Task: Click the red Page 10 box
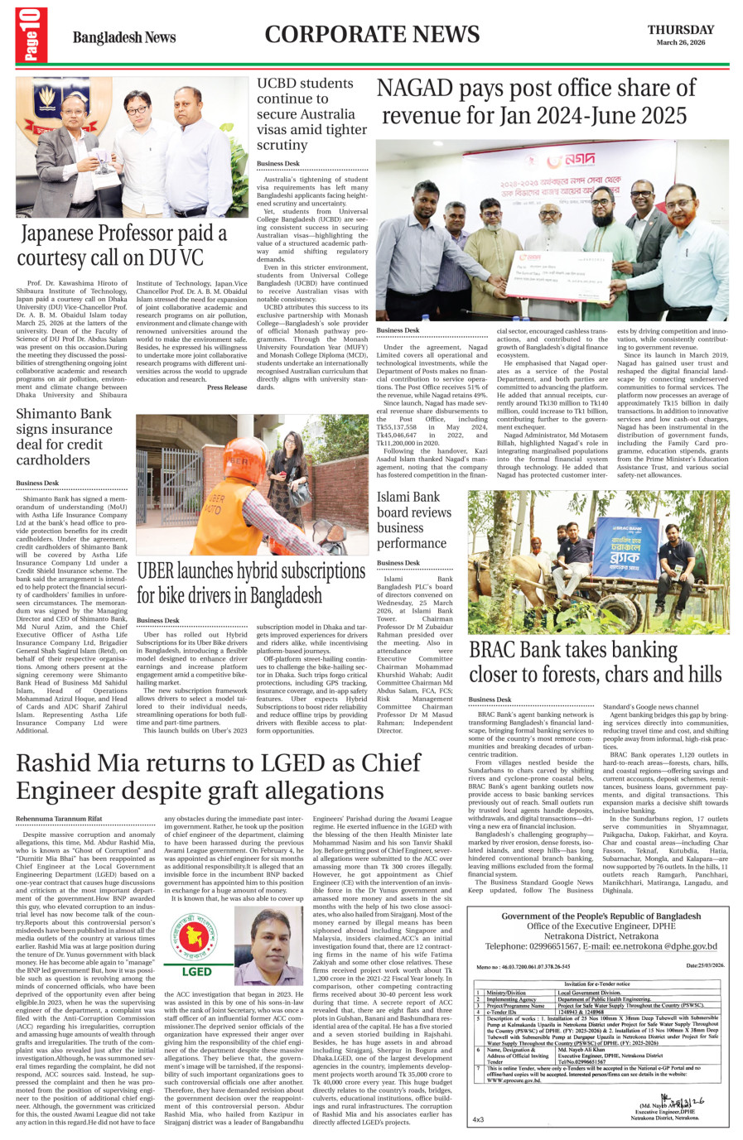click(31, 34)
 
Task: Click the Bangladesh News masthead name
click(124, 37)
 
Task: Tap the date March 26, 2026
click(681, 42)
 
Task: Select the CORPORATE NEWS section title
click(372, 35)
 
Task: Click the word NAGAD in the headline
click(414, 89)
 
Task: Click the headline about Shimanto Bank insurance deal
click(64, 436)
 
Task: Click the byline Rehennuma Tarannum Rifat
click(59, 818)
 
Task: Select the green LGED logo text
click(195, 971)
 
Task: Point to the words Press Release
click(227, 387)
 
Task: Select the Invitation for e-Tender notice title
click(597, 984)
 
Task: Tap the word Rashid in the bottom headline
click(63, 762)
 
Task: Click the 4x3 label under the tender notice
click(478, 1119)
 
